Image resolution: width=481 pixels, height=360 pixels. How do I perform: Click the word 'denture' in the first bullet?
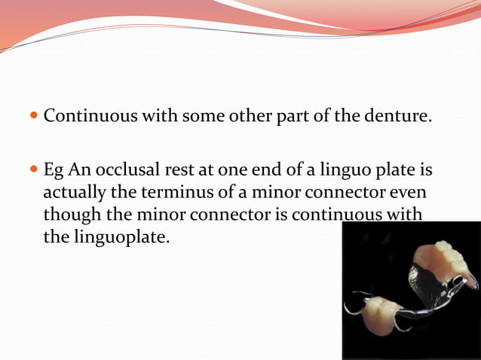(x=400, y=117)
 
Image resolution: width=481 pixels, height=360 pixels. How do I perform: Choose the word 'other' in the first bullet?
(x=253, y=117)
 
